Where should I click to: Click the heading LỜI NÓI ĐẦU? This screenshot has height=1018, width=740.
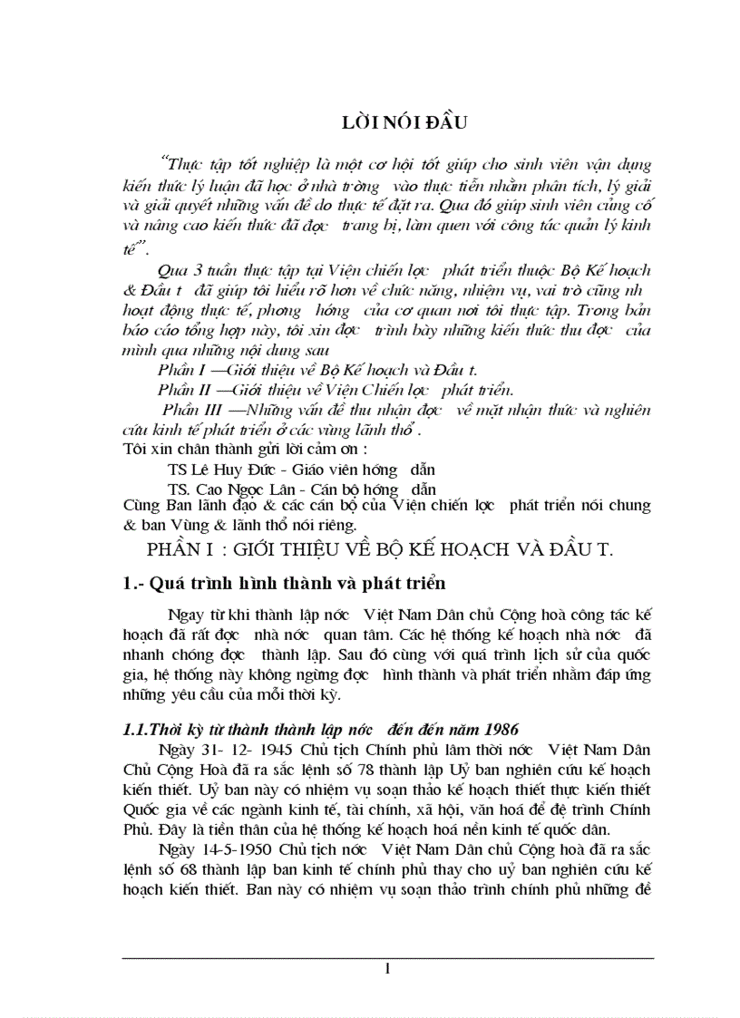(x=386, y=124)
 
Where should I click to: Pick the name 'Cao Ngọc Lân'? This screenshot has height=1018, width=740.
(x=241, y=488)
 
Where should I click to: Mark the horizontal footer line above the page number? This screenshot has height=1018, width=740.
(x=388, y=957)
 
